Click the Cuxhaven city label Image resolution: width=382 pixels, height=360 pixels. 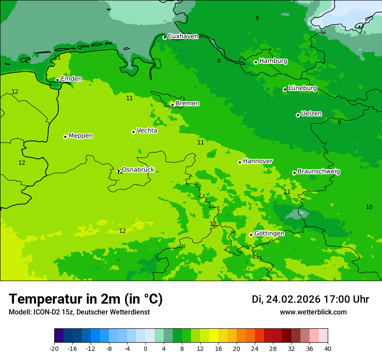[183, 36]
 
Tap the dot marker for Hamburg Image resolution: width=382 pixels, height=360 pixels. [256, 62]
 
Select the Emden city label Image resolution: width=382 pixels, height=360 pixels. [71, 79]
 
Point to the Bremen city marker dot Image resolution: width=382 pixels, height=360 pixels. [172, 105]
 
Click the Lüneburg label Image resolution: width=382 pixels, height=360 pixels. [303, 88]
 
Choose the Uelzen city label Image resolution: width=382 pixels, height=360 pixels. [311, 114]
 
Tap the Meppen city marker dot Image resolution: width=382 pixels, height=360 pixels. [65, 137]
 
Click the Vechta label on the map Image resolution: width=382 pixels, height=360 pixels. [147, 131]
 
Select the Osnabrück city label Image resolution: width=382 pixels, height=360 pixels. [138, 170]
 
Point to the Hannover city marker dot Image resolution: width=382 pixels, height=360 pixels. [240, 162]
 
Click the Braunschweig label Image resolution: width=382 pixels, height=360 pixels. [319, 171]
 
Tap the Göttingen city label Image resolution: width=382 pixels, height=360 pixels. [269, 233]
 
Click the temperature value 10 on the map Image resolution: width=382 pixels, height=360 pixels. [369, 207]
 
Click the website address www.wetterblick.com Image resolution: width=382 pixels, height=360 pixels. [313, 312]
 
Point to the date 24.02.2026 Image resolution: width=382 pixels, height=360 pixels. [293, 299]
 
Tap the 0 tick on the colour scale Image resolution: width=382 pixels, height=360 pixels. [145, 349]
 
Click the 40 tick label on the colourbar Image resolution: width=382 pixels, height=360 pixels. [328, 349]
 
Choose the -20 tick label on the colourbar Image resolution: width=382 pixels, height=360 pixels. [54, 349]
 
